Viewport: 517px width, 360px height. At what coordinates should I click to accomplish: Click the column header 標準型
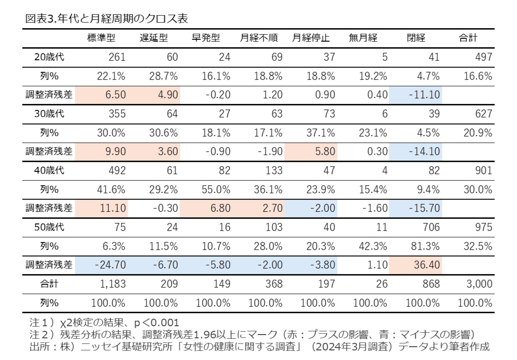pyautogui.click(x=101, y=38)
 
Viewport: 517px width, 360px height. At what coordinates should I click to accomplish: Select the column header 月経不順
pyautogui.click(x=258, y=38)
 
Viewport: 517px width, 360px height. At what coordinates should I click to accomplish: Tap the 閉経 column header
pyautogui.click(x=416, y=38)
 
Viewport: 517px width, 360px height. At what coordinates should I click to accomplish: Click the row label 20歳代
pyautogui.click(x=49, y=57)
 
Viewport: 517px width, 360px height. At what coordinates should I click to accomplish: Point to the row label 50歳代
pyautogui.click(x=49, y=227)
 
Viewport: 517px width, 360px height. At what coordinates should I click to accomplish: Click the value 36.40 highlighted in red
pyautogui.click(x=426, y=265)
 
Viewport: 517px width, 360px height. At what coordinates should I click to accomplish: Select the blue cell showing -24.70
pyautogui.click(x=110, y=265)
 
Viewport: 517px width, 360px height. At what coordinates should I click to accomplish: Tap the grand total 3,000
pyautogui.click(x=479, y=284)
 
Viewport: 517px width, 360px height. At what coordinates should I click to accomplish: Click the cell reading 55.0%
pyautogui.click(x=216, y=190)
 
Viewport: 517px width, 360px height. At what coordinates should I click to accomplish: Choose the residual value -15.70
pyautogui.click(x=424, y=208)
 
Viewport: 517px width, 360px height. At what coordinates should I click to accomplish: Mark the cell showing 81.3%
pyautogui.click(x=425, y=246)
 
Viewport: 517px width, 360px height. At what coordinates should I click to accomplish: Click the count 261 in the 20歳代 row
pyautogui.click(x=117, y=57)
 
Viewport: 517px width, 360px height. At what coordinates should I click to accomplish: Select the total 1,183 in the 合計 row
pyautogui.click(x=113, y=284)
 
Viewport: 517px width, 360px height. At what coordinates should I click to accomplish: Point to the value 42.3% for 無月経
pyautogui.click(x=373, y=246)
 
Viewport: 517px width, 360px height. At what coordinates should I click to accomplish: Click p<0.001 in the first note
pyautogui.click(x=156, y=323)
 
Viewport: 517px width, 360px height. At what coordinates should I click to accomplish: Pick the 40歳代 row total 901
pyautogui.click(x=483, y=170)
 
